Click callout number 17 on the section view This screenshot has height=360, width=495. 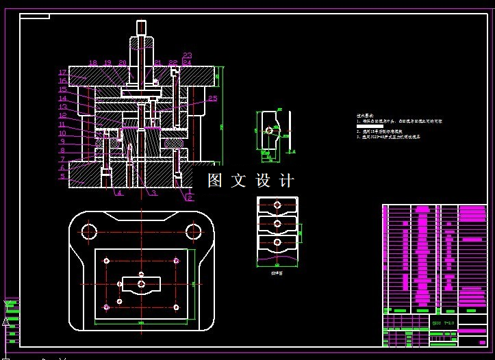click(x=62, y=73)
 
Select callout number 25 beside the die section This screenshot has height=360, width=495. click(x=213, y=99)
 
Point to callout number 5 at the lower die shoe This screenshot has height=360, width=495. click(x=62, y=177)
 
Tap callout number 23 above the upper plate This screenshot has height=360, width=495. click(x=187, y=55)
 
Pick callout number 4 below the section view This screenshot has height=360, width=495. click(x=119, y=194)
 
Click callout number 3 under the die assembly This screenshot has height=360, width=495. click(x=154, y=194)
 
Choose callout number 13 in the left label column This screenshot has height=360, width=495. click(x=62, y=107)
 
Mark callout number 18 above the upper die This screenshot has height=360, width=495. click(x=93, y=63)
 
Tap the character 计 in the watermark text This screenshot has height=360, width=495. click(x=287, y=181)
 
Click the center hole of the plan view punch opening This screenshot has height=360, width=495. click(x=140, y=283)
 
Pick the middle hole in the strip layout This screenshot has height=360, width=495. click(x=277, y=223)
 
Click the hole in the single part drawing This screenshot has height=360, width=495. click(x=268, y=130)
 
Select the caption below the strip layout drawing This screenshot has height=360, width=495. click(x=277, y=272)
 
